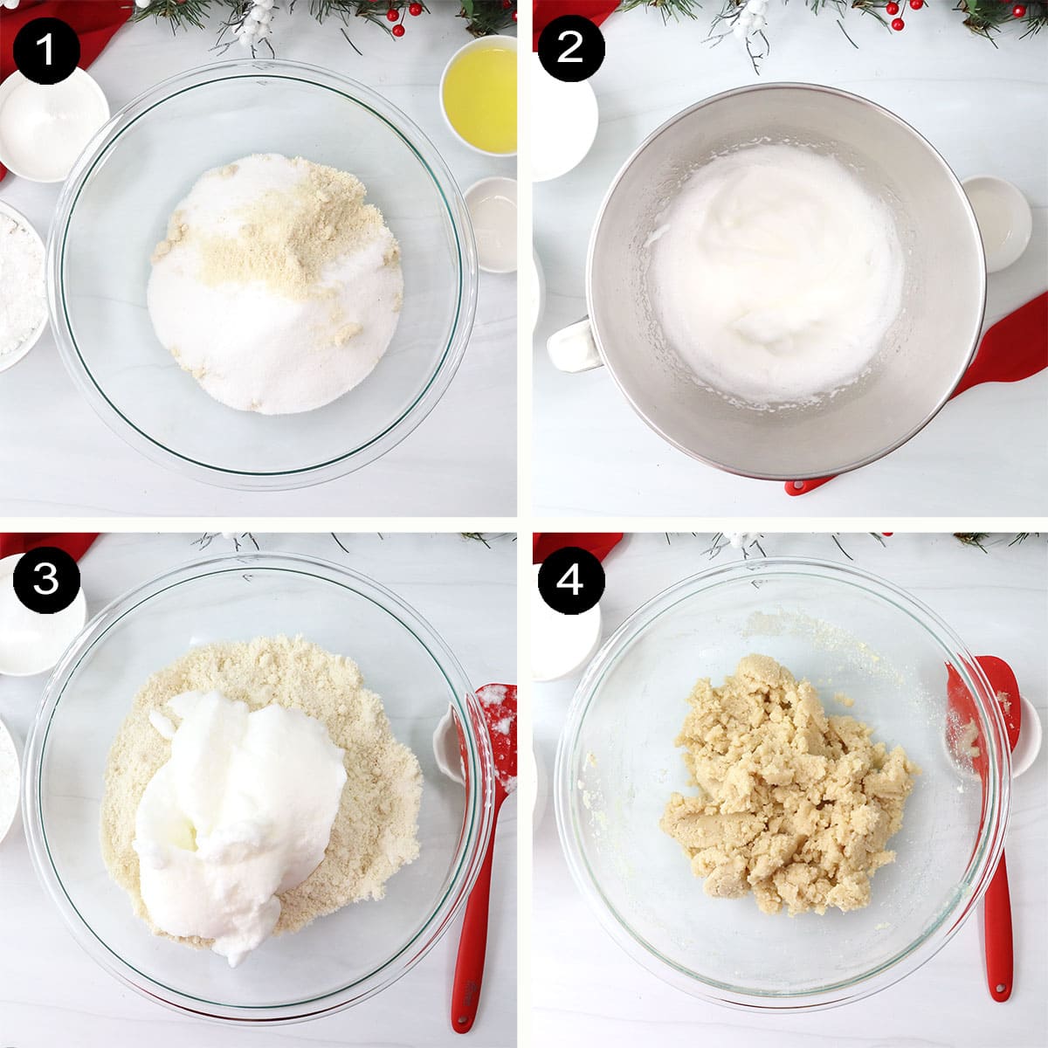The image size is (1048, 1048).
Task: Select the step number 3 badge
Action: click(45, 579)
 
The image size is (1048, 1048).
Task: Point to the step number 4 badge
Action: click(569, 579)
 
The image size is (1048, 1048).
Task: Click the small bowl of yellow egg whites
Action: click(479, 93)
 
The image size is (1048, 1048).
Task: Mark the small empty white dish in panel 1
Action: click(491, 223)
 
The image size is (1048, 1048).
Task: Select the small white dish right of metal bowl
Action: click(996, 214)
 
